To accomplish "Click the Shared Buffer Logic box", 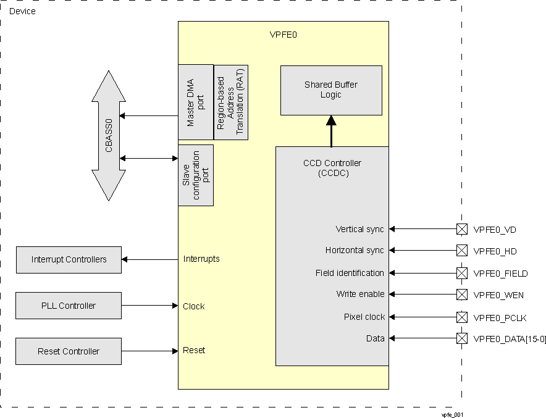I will (330, 90).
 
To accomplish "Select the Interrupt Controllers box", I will (69, 259).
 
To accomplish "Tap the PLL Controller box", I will (69, 306).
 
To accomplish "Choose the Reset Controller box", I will (69, 351).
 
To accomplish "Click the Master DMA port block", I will (195, 102).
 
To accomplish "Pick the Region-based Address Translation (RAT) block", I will (231, 102).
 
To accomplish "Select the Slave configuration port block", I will (195, 175).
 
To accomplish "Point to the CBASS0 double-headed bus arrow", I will (108, 136).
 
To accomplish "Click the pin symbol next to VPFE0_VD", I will (461, 229).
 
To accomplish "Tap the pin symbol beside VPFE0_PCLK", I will (461, 317).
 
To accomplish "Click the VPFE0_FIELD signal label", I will (500, 274).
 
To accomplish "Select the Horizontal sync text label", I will (355, 251).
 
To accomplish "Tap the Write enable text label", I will (360, 295).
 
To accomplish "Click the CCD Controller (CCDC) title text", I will (332, 168).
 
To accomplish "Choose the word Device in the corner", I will (22, 12).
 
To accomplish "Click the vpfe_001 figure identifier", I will (452, 414).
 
